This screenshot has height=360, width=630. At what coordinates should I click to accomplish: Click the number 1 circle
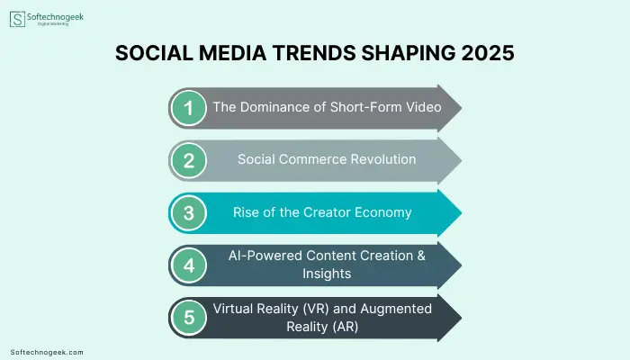188,108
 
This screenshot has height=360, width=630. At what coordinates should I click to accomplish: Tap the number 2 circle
188,160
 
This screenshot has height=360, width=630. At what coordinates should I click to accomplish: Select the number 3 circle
188,212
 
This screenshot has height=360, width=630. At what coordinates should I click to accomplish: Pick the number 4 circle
188,265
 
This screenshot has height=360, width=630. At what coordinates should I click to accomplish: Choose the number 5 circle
188,318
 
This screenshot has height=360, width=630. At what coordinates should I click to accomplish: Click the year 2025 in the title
488,53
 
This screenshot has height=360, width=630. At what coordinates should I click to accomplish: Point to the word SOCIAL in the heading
154,53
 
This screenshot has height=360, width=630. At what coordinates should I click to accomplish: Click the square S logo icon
17,19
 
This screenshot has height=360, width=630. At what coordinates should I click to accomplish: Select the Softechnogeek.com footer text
47,353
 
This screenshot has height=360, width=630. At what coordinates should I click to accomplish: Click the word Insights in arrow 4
327,274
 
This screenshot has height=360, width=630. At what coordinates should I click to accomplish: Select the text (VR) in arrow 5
316,309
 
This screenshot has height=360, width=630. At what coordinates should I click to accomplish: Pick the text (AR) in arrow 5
345,326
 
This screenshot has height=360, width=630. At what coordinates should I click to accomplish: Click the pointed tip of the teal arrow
461,213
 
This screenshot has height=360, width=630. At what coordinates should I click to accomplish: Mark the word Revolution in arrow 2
382,159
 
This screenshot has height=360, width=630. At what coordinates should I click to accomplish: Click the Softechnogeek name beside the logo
55,17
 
